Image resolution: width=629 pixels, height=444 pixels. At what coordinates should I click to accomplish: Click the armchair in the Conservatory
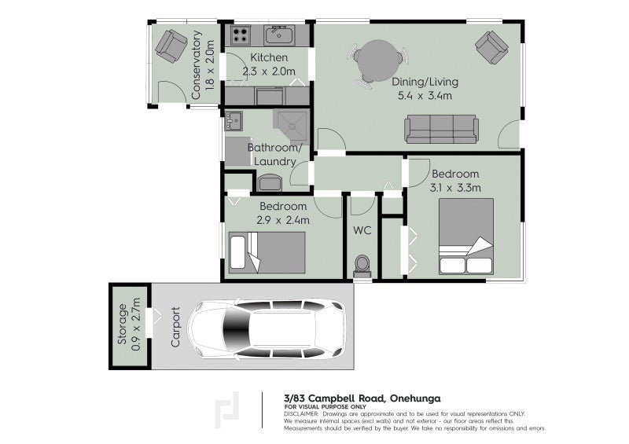point(171,46)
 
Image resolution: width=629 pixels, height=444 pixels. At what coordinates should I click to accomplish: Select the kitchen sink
point(278,35)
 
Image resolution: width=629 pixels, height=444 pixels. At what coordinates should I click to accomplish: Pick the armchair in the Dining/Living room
point(491,48)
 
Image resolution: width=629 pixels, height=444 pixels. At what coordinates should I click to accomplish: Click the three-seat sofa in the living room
point(441,129)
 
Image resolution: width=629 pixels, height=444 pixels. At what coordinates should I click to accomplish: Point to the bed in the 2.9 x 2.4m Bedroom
point(267,252)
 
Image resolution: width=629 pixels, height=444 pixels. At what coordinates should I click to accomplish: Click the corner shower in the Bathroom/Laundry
point(292,123)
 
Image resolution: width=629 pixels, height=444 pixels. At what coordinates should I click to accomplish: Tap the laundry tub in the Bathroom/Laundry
point(234,121)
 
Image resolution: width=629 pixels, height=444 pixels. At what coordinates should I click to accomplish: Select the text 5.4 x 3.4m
point(425,96)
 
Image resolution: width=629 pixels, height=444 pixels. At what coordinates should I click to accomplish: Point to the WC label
point(362,231)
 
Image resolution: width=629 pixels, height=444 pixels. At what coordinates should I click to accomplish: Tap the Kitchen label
point(269,58)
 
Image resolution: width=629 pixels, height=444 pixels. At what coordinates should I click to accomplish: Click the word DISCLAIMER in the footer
point(301,413)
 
